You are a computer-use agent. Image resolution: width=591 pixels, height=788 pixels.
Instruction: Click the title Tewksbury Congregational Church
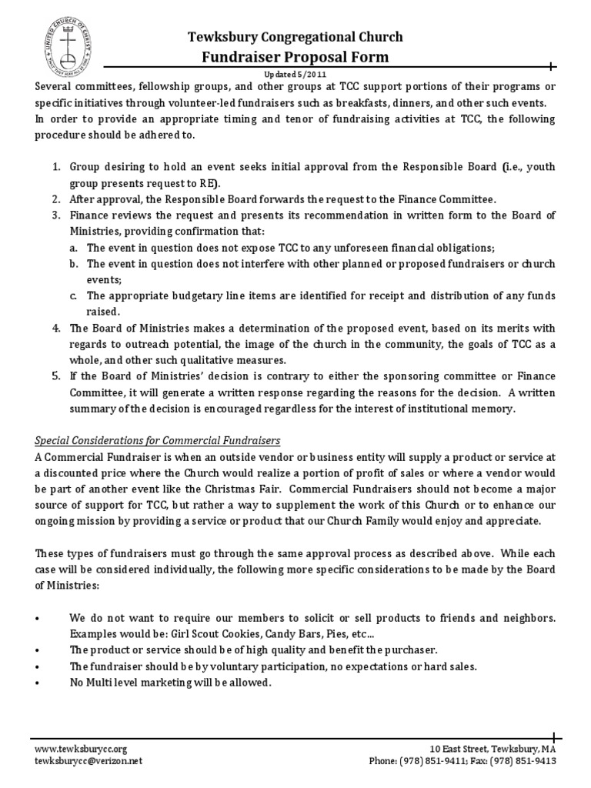pyautogui.click(x=296, y=37)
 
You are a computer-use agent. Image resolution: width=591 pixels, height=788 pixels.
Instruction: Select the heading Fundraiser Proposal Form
pyautogui.click(x=295, y=57)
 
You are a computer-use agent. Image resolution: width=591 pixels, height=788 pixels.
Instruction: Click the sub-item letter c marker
pyautogui.click(x=72, y=295)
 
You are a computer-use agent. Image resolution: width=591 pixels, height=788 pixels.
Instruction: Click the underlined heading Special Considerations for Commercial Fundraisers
pyautogui.click(x=158, y=440)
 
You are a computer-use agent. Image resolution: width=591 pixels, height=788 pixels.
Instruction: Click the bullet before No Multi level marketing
pyautogui.click(x=38, y=683)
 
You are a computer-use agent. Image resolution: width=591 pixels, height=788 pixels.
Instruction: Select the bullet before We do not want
pyautogui.click(x=38, y=618)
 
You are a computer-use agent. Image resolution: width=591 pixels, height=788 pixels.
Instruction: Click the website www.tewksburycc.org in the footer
pyautogui.click(x=81, y=748)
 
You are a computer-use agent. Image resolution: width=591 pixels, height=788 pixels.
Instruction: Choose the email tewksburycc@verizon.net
pyautogui.click(x=88, y=760)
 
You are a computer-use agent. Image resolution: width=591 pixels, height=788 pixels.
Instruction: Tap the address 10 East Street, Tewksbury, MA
pyautogui.click(x=492, y=748)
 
